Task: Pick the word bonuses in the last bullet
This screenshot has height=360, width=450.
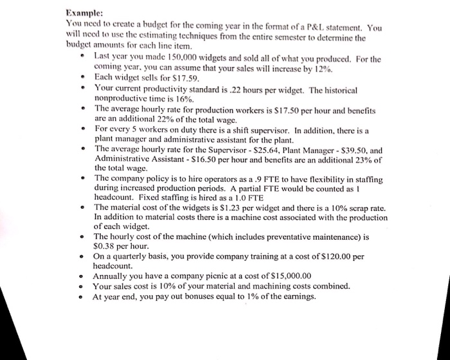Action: pyautogui.click(x=186, y=297)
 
